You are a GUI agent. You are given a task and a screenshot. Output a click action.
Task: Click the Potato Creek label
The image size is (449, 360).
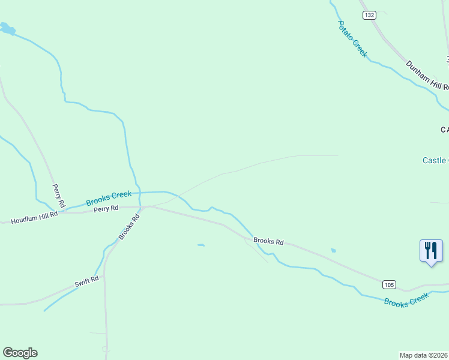[x=352, y=39]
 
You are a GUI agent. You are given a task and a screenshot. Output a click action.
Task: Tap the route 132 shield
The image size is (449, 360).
[x=369, y=14]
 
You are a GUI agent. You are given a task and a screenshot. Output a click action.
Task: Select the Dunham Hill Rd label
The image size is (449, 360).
[x=427, y=75]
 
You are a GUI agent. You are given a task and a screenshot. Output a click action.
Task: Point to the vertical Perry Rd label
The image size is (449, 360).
[x=58, y=193]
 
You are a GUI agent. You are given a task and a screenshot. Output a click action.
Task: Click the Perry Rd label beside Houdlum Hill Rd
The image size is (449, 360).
[x=106, y=208]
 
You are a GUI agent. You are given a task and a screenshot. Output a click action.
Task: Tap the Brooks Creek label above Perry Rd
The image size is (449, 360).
[x=109, y=199]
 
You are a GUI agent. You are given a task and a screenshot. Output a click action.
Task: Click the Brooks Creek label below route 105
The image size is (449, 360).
[x=407, y=299]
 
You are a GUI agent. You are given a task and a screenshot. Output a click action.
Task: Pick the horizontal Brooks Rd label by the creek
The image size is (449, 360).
[x=268, y=241]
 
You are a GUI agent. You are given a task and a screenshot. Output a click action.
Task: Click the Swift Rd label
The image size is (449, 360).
[x=86, y=281]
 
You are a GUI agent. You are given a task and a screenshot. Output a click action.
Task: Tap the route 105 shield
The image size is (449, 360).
[x=389, y=284]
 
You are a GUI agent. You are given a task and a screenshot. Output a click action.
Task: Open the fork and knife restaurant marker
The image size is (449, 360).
[x=431, y=250]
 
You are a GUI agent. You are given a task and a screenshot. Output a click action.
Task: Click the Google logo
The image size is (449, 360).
[x=20, y=353]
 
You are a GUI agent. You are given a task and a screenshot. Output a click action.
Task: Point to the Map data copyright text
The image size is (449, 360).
[x=424, y=355]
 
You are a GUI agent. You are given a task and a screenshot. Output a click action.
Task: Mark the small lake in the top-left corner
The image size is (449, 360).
[x=7, y=28]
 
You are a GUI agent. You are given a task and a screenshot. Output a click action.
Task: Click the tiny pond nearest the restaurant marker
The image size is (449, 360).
[x=333, y=250]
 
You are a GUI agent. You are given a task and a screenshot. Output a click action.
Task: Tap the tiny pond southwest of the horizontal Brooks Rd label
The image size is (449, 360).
[x=200, y=245]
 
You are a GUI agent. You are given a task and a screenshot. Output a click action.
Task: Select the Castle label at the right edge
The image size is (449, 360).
[x=435, y=160]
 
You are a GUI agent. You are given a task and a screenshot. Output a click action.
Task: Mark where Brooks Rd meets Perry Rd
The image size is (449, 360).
[x=142, y=207]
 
